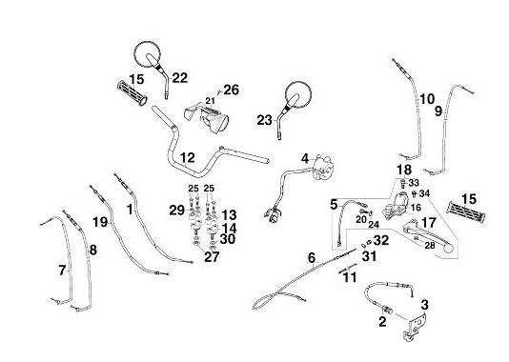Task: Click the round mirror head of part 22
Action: [147, 54]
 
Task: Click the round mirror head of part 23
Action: [298, 94]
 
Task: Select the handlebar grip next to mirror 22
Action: [132, 92]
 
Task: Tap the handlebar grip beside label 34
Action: [466, 212]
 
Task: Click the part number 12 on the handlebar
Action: [188, 158]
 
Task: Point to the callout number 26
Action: [232, 90]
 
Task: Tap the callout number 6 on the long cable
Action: [312, 258]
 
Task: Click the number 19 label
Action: [100, 222]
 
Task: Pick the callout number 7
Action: [62, 270]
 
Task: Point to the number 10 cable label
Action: [427, 99]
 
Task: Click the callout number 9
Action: [438, 111]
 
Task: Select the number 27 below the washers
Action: [212, 257]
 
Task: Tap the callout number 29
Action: [177, 211]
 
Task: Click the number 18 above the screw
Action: [404, 170]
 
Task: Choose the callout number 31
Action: [370, 256]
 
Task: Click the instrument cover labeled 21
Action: [207, 117]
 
